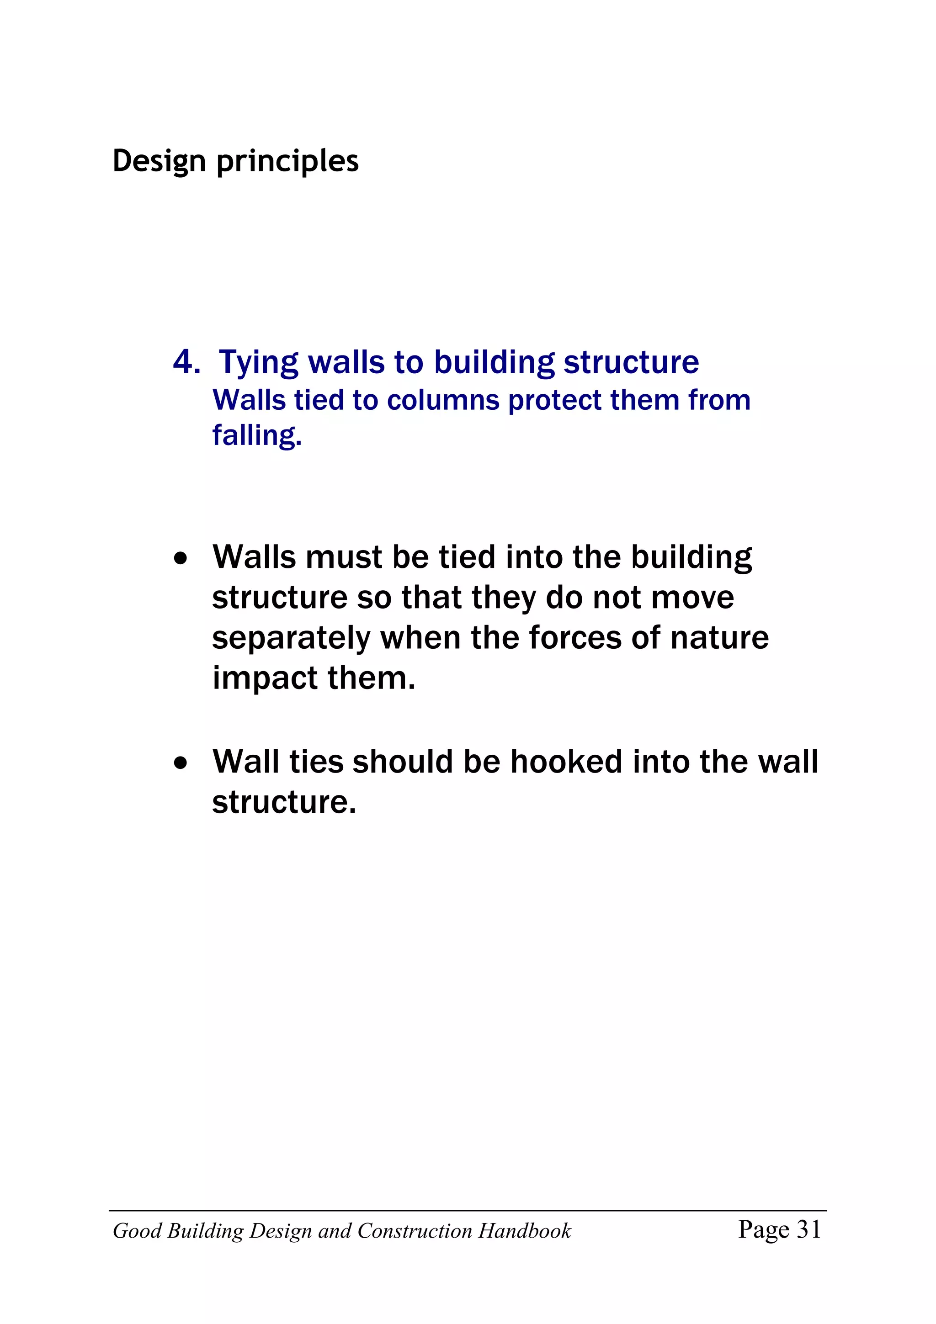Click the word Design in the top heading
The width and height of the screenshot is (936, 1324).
click(159, 161)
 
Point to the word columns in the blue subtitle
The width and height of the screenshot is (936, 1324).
click(443, 400)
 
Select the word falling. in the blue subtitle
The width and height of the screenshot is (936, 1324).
click(257, 435)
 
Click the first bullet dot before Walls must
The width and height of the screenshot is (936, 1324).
click(181, 558)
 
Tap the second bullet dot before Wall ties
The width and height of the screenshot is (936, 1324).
click(181, 763)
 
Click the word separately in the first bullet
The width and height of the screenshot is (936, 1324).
click(291, 638)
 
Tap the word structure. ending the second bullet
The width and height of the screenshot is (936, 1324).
click(284, 802)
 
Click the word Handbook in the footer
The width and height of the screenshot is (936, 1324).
click(524, 1231)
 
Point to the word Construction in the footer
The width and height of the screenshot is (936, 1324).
click(415, 1231)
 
